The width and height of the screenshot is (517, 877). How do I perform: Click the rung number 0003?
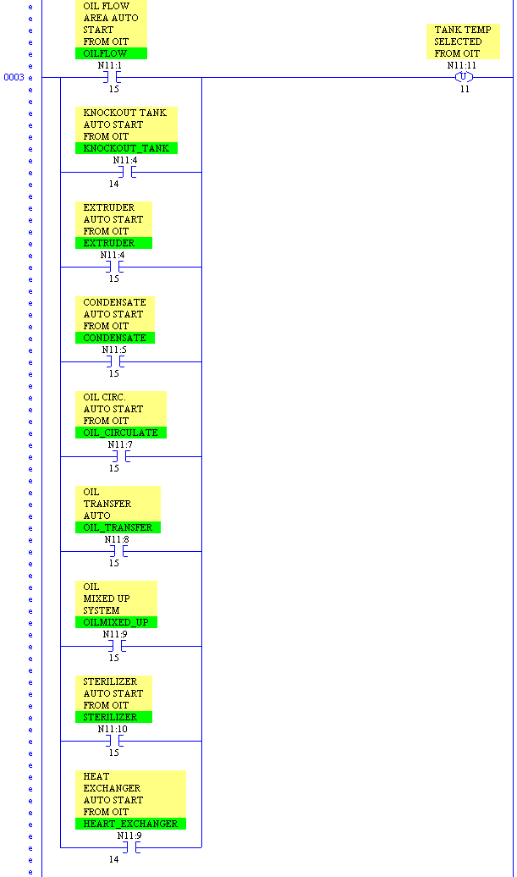pyautogui.click(x=14, y=77)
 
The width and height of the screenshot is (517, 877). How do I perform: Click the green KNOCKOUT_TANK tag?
pyautogui.click(x=126, y=148)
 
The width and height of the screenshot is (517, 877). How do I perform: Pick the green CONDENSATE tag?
pyautogui.click(x=114, y=338)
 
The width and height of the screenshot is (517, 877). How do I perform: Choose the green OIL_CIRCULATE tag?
pyautogui.click(x=120, y=433)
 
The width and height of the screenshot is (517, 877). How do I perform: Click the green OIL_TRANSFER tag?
pyautogui.click(x=118, y=527)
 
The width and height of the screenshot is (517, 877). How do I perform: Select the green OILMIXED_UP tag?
pyautogui.click(x=115, y=622)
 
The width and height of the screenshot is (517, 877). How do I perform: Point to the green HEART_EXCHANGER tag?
pyautogui.click(x=130, y=824)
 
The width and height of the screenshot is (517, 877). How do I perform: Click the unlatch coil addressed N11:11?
pyautogui.click(x=464, y=77)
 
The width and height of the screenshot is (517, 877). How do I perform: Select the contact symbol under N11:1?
pyautogui.click(x=113, y=77)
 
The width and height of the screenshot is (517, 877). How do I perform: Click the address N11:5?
pyautogui.click(x=114, y=350)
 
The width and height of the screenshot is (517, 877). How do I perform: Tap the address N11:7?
pyautogui.click(x=120, y=444)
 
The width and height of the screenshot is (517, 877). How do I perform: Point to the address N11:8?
pyautogui.click(x=117, y=539)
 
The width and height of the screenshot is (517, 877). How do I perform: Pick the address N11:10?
pyautogui.click(x=113, y=729)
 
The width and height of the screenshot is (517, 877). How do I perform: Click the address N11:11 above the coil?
pyautogui.click(x=462, y=65)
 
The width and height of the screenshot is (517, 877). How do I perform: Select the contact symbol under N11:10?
pyautogui.click(x=113, y=741)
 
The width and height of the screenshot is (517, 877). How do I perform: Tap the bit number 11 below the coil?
pyautogui.click(x=465, y=89)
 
